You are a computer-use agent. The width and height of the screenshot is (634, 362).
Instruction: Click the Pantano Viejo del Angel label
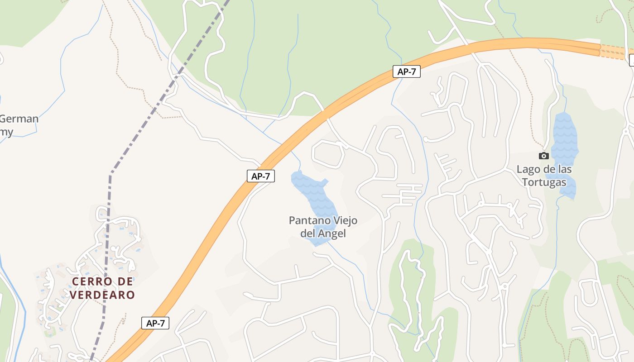pos(323,227)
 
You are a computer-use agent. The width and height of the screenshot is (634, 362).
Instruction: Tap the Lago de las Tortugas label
pos(544,176)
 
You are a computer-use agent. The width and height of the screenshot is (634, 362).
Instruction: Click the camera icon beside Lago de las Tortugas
pos(544,156)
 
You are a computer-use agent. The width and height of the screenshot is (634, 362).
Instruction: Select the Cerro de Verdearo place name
pos(103,288)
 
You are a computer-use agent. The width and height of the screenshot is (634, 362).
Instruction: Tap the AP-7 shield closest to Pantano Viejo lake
pos(261,176)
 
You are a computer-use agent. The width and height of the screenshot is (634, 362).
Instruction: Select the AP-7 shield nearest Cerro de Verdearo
pos(155,323)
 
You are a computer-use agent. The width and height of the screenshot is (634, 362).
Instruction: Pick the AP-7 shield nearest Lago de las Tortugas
pos(406,71)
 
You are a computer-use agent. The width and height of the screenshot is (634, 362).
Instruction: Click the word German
pos(19,119)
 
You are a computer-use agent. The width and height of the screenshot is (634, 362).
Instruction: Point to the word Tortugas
pos(544,182)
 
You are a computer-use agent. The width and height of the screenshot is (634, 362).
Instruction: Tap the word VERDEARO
pos(103,295)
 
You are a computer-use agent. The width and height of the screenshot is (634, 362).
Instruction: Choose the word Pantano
pos(309,221)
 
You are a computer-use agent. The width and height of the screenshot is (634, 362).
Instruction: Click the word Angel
pos(332,233)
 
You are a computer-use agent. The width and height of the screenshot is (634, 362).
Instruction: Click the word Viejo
pos(345,221)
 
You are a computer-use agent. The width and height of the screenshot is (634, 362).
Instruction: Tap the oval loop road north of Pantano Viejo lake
pos(328,154)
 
